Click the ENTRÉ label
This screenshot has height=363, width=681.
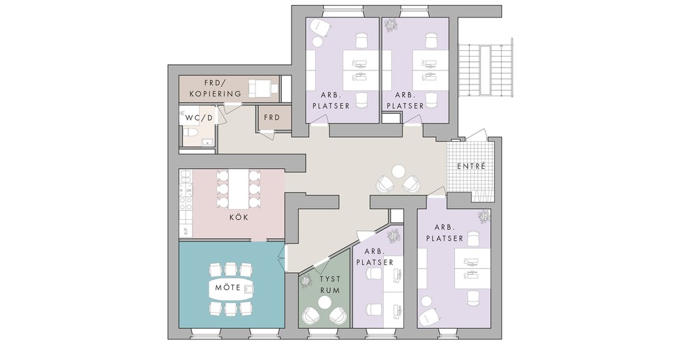(471, 166)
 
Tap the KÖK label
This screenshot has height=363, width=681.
(239, 217)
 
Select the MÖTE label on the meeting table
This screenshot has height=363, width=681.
(227, 288)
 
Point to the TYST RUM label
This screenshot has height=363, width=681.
(330, 284)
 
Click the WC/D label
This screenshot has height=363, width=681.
(200, 118)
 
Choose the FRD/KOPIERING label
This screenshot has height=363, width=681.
(216, 88)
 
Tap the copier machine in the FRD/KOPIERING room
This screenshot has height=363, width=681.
(263, 89)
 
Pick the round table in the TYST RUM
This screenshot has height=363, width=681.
(324, 302)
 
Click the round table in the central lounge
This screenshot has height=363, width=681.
(398, 171)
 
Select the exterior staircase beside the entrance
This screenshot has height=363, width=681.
(486, 70)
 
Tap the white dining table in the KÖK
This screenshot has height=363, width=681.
(237, 189)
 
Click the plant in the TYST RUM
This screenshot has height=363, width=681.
(306, 281)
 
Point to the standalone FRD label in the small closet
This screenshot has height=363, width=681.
(272, 117)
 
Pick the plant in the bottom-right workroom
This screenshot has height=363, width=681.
(484, 216)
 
